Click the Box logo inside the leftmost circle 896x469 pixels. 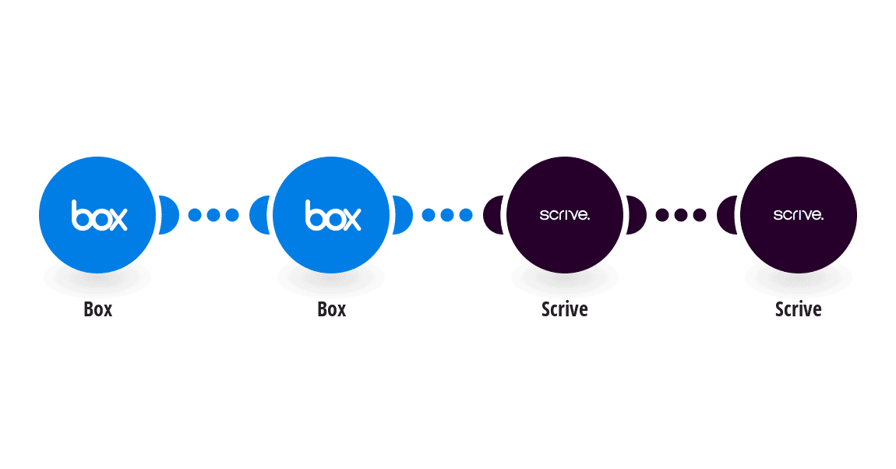[x=100, y=215]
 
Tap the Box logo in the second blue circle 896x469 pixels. [x=333, y=215]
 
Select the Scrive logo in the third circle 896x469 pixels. [x=565, y=215]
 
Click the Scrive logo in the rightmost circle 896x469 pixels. [x=799, y=215]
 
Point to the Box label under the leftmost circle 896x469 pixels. [x=97, y=309]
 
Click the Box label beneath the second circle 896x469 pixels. [x=331, y=309]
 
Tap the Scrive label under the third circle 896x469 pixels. [x=565, y=309]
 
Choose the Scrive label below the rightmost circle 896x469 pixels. [x=799, y=309]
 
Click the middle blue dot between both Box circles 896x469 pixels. [x=213, y=215]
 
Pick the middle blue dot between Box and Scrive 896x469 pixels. [x=447, y=215]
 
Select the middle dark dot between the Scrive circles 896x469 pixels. [x=681, y=215]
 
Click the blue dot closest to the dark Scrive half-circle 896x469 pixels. [x=466, y=215]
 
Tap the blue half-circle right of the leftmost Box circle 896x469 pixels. [x=168, y=215]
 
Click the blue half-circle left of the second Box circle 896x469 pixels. [x=259, y=215]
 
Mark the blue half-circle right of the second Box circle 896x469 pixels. [x=402, y=215]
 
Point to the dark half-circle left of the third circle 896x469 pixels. [x=493, y=215]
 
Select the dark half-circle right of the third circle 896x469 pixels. [x=636, y=215]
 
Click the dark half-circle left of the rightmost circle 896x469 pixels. [x=727, y=215]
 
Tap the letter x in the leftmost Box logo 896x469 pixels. [x=118, y=220]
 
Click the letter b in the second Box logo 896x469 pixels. [x=313, y=215]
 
